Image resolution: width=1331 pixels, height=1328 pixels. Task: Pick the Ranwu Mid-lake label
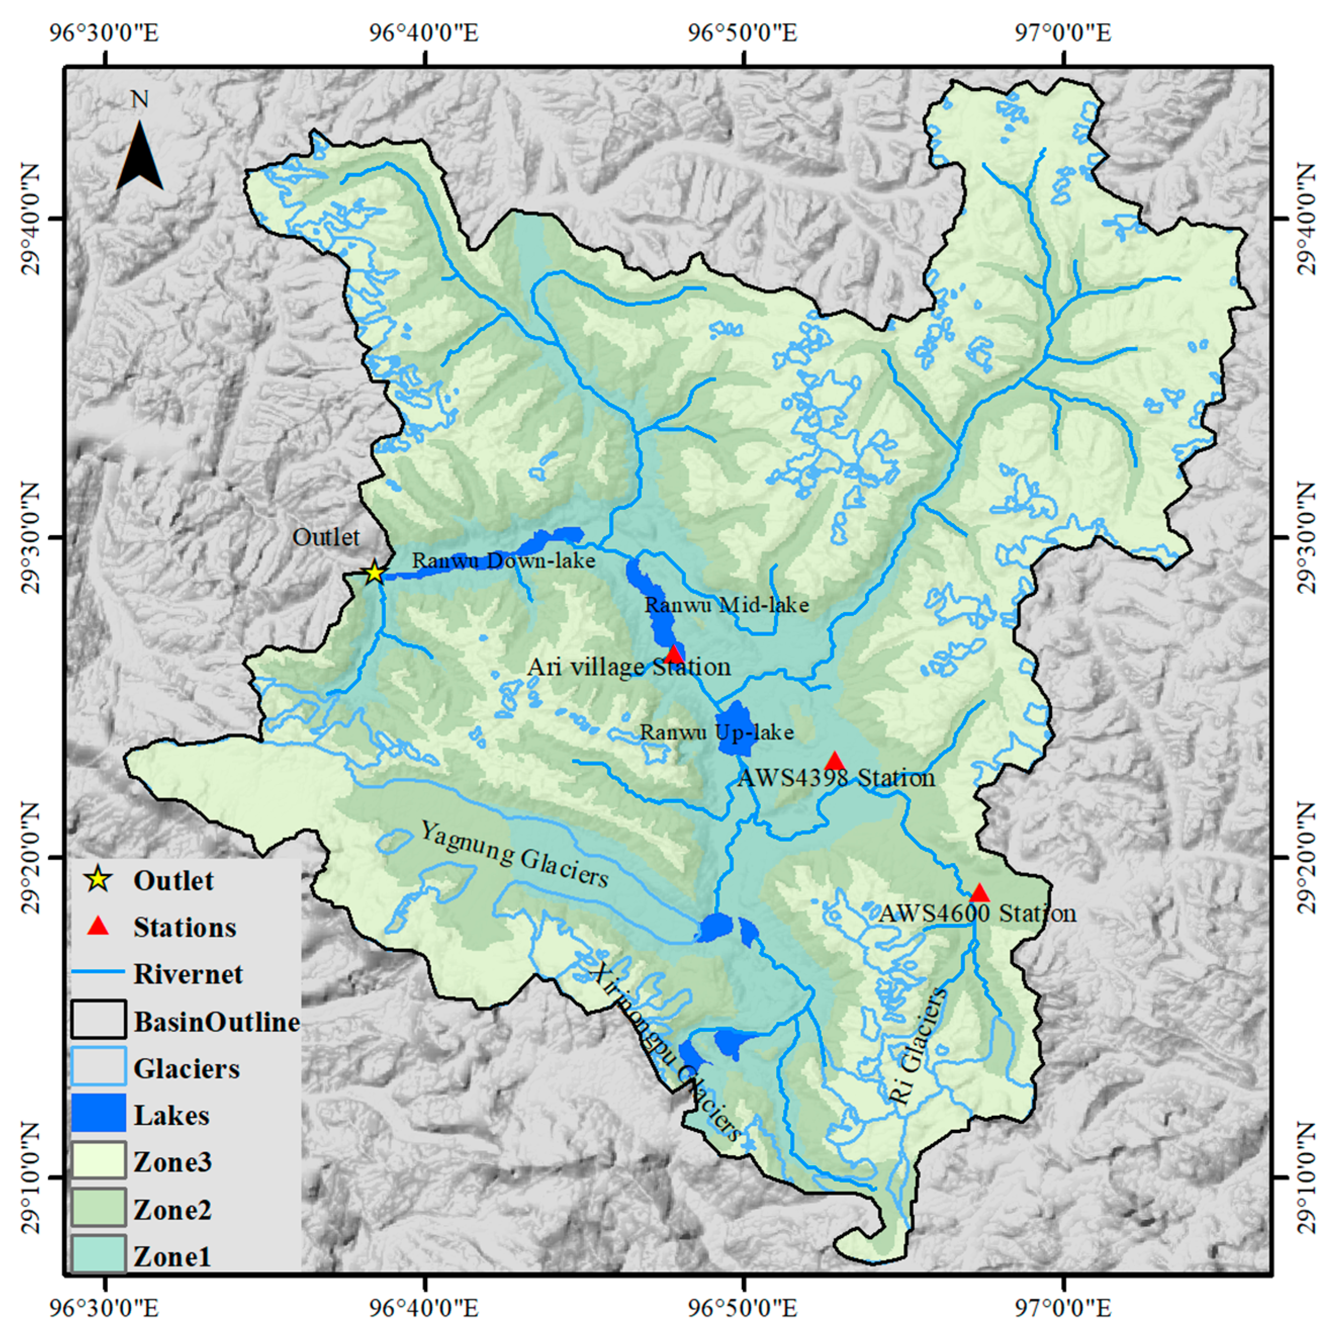click(x=726, y=605)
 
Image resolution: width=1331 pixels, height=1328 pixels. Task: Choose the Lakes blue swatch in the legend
click(x=99, y=1115)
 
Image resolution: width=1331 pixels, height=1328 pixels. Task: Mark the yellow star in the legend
click(x=99, y=880)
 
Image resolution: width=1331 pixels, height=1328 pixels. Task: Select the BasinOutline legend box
click(x=99, y=1021)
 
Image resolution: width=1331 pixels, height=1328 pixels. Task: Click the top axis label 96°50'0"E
click(x=744, y=32)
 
